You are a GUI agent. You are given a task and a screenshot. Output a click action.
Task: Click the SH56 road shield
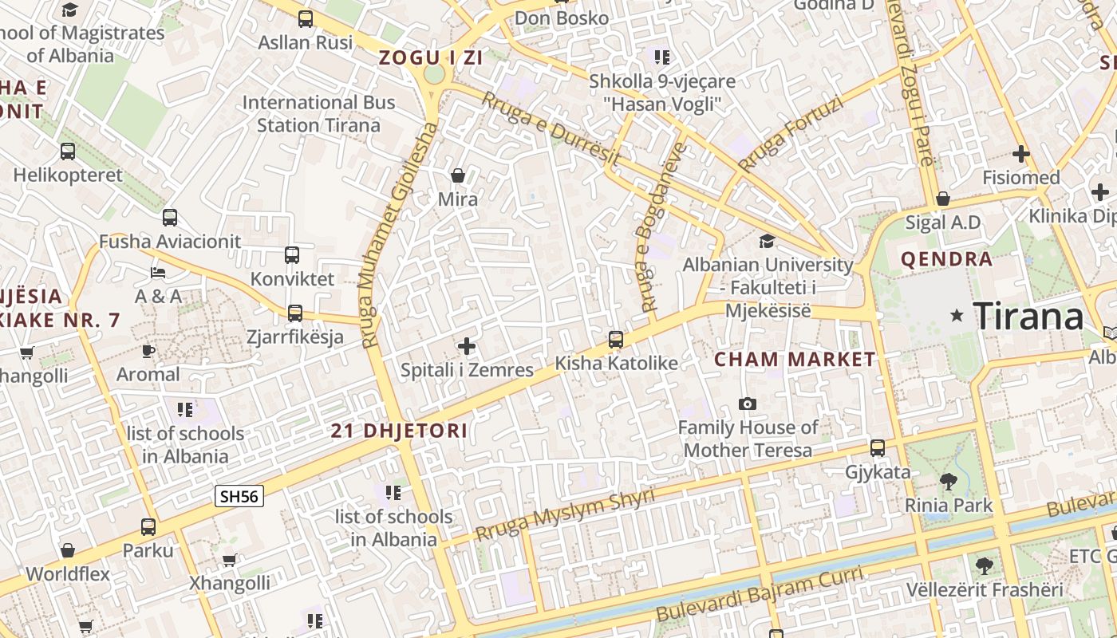pos(239,496)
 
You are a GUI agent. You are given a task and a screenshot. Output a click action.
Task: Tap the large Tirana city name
pos(1028,317)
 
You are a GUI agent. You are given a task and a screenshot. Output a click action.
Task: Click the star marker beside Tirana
pos(957,317)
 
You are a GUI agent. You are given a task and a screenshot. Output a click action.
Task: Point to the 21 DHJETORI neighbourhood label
pos(399,431)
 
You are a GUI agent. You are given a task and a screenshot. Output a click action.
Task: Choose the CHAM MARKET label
pos(795,359)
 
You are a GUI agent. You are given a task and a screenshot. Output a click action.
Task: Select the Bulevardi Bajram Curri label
pos(760,594)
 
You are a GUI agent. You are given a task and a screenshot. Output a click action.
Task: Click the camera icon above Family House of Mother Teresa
pos(748,404)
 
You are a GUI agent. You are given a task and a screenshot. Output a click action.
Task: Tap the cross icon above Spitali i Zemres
pos(467,346)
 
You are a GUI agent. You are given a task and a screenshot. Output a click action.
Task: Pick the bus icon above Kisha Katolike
pos(616,340)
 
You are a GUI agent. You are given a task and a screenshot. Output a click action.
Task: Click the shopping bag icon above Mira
pos(458,175)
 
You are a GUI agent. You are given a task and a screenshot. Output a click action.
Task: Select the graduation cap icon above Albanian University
pos(767,241)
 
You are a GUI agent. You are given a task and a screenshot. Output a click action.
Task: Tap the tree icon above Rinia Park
pos(949,481)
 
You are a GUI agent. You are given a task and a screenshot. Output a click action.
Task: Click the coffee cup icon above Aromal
pos(148,351)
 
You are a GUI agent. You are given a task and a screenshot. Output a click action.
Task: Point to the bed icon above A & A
pos(158,273)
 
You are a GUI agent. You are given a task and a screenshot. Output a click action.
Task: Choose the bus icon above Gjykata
pos(878,448)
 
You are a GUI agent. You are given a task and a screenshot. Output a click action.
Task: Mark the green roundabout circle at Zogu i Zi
pos(434,74)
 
